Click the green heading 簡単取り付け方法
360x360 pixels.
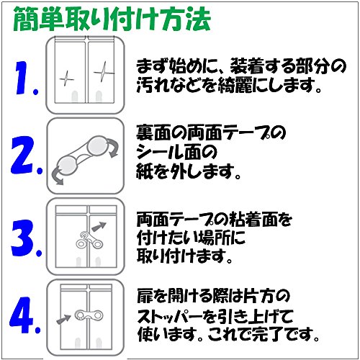coord(112,19)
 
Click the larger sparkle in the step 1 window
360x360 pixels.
coord(104,72)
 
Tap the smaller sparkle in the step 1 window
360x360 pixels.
coord(66,78)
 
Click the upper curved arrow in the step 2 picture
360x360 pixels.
coord(113,148)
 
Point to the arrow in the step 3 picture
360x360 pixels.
coord(99,227)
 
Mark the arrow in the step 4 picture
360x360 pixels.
coord(63,320)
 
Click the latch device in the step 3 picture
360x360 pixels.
coord(89,240)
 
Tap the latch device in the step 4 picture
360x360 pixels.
coord(89,315)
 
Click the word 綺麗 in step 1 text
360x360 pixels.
coord(235,86)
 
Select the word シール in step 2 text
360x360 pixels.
coord(160,152)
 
